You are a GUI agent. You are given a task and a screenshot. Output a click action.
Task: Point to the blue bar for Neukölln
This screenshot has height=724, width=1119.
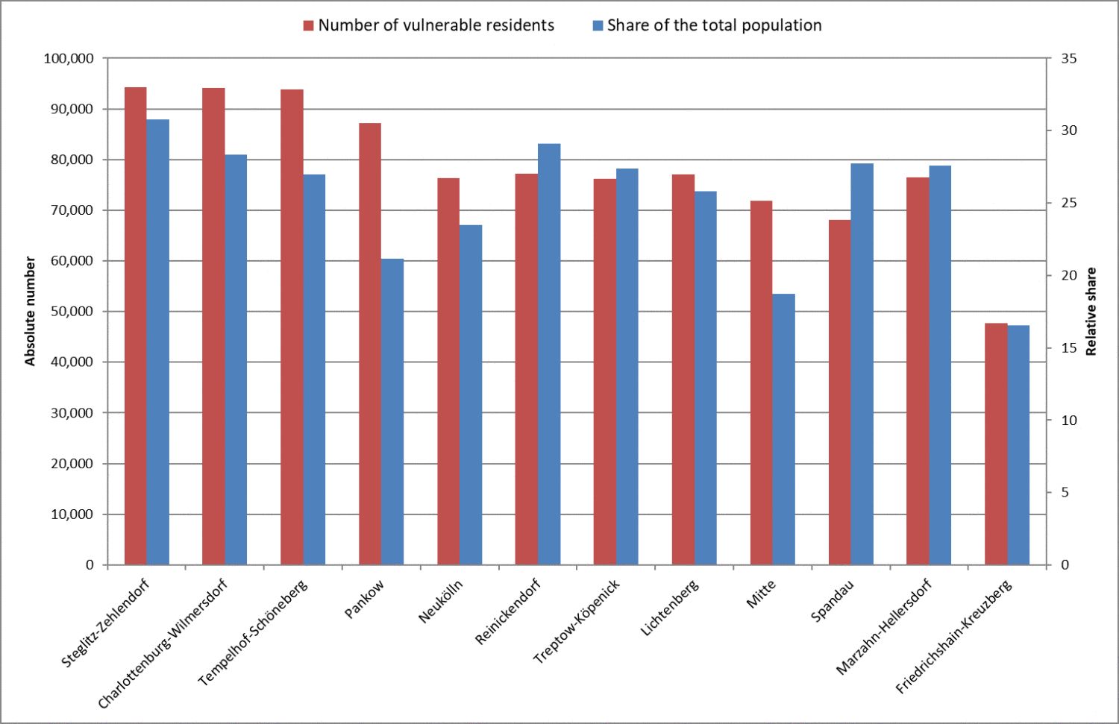(471, 394)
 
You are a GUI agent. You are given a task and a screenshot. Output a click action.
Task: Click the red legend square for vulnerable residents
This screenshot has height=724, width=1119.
(308, 26)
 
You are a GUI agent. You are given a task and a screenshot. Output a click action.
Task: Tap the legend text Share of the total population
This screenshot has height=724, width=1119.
(714, 25)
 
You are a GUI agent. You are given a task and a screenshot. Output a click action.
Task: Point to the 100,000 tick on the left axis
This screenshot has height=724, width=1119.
(69, 58)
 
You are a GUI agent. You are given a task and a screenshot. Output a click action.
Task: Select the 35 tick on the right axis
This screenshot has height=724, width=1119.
(1069, 58)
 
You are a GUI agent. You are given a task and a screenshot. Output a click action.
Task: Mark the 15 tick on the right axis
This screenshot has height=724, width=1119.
(1069, 348)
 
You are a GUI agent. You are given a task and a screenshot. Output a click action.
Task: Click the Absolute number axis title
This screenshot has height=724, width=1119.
(31, 311)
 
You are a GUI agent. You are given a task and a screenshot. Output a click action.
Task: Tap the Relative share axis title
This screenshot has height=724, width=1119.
(1091, 311)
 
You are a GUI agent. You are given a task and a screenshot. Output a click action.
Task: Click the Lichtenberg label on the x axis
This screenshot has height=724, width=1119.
(670, 608)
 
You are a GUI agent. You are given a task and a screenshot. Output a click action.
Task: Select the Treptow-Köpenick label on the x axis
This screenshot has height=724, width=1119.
(577, 621)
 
